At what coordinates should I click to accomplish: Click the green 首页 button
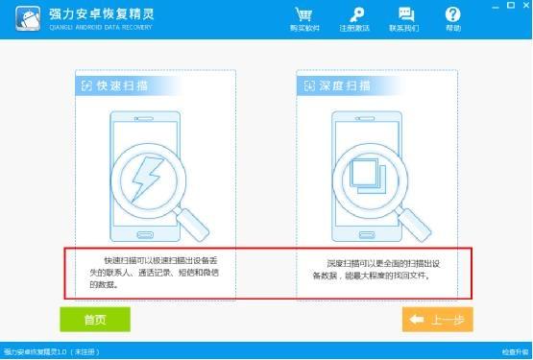pos(94,320)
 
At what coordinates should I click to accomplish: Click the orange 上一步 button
pos(437,320)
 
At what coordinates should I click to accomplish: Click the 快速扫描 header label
pos(115,86)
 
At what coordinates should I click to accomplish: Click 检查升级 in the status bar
pos(514,352)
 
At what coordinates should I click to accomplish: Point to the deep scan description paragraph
pos(370,268)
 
